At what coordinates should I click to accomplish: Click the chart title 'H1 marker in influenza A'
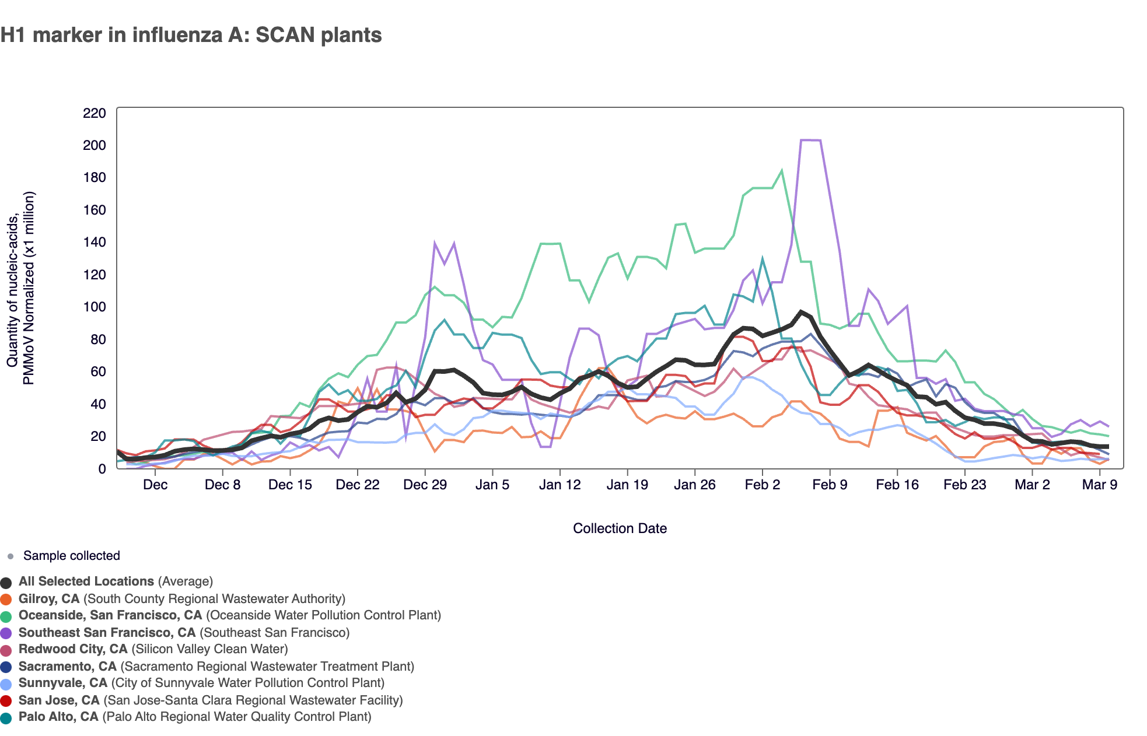191,35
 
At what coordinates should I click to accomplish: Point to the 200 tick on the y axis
95,145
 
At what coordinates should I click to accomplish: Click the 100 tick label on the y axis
95,307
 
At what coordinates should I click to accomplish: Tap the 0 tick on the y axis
102,469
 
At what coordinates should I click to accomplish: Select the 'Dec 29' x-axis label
425,485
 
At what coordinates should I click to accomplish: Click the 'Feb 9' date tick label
830,485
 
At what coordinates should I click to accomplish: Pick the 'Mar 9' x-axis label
1099,485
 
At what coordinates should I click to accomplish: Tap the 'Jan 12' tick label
559,485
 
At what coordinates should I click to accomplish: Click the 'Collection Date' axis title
620,528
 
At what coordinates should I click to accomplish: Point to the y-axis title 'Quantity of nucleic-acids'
13,288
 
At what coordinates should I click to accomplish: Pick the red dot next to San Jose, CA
6,701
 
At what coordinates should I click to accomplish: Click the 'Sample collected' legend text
71,556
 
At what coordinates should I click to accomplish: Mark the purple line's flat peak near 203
811,140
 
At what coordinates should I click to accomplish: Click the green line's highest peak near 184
781,171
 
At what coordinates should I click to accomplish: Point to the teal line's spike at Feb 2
762,258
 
